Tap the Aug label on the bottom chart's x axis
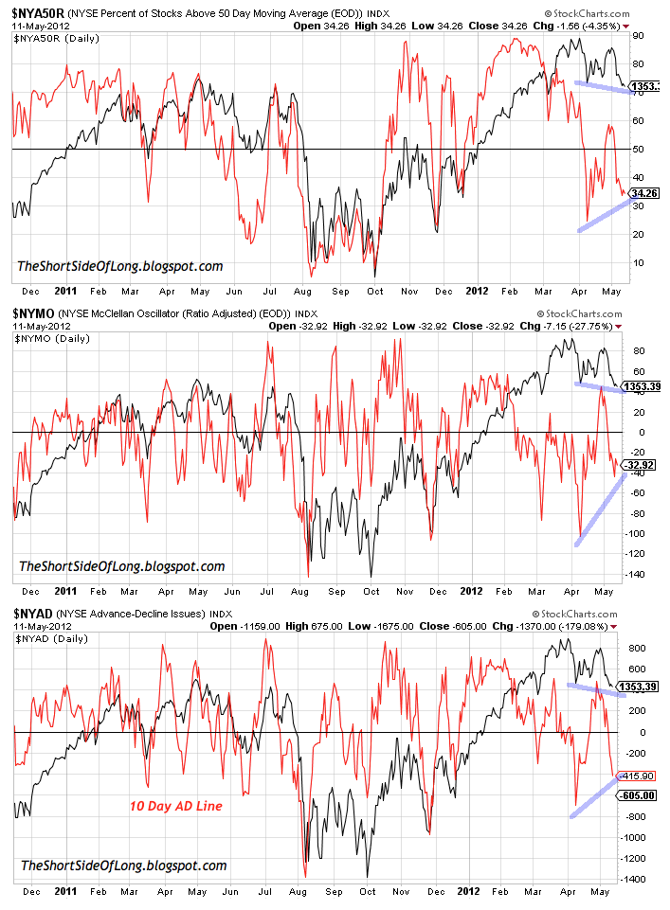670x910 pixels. pos(302,892)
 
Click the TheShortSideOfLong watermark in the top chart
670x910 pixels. pos(120,266)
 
